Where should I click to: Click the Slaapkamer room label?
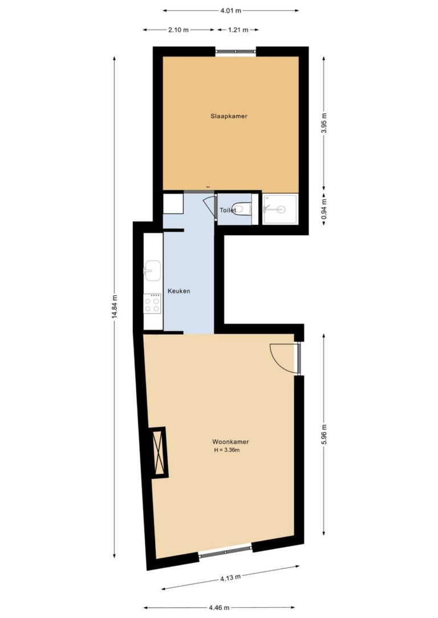click(x=229, y=116)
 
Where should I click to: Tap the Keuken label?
click(x=179, y=291)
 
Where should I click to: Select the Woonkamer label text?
click(x=230, y=442)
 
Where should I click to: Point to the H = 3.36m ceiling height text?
click(x=227, y=450)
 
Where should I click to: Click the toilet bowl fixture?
click(x=241, y=208)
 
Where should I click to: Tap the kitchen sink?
click(x=152, y=271)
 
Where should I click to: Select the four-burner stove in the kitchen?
click(x=152, y=304)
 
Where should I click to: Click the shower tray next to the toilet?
click(x=280, y=209)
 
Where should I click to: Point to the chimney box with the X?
click(x=159, y=452)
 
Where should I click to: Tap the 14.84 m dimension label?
click(x=115, y=306)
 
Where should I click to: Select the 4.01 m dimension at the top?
click(x=231, y=11)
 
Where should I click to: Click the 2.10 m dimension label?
click(x=179, y=30)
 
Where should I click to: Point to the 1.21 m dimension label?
click(x=238, y=30)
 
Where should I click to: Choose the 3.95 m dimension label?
click(x=325, y=123)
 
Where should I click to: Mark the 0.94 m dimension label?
click(x=325, y=208)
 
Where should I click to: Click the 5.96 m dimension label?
click(x=325, y=435)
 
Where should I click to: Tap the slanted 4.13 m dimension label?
click(x=230, y=578)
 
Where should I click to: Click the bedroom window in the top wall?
click(x=236, y=52)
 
